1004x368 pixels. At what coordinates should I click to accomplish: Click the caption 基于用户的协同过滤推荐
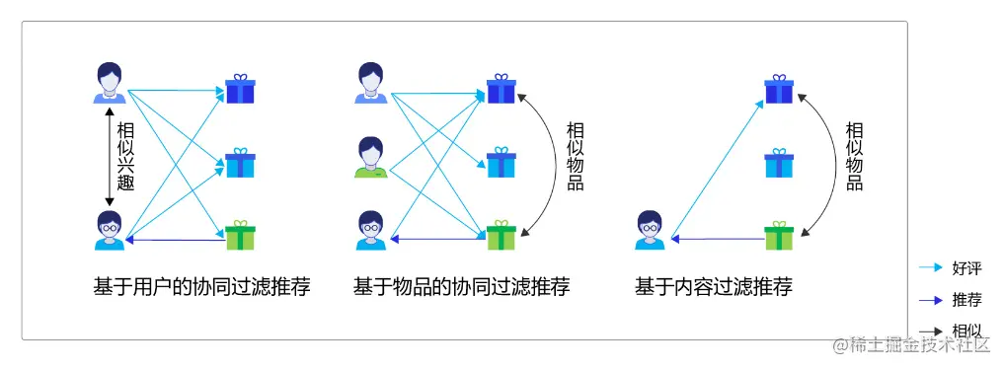click(x=201, y=287)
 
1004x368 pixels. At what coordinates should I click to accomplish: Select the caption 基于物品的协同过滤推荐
click(x=461, y=287)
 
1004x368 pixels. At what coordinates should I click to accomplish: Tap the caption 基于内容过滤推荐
click(x=713, y=287)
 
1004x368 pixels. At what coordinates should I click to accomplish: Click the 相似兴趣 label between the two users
click(x=125, y=156)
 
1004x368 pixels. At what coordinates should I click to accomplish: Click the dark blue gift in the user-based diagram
click(x=240, y=89)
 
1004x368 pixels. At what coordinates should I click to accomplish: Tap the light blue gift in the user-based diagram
click(x=240, y=163)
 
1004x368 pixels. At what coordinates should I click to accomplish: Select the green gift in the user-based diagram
click(x=240, y=235)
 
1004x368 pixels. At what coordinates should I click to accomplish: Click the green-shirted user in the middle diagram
click(x=369, y=157)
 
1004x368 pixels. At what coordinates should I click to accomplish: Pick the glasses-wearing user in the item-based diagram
click(x=369, y=230)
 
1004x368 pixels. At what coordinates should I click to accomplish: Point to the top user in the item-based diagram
click(x=369, y=83)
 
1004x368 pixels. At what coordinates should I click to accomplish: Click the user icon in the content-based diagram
click(x=649, y=230)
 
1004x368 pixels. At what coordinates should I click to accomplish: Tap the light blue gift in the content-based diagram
click(x=779, y=163)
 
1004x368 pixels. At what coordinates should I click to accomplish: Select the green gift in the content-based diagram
click(x=779, y=235)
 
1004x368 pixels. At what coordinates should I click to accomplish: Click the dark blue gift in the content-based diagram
click(x=779, y=89)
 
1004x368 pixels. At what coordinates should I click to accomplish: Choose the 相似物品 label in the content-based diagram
click(x=854, y=156)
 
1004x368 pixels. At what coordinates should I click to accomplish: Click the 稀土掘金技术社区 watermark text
click(x=918, y=344)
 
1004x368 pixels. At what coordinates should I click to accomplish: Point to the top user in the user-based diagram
click(x=109, y=83)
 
